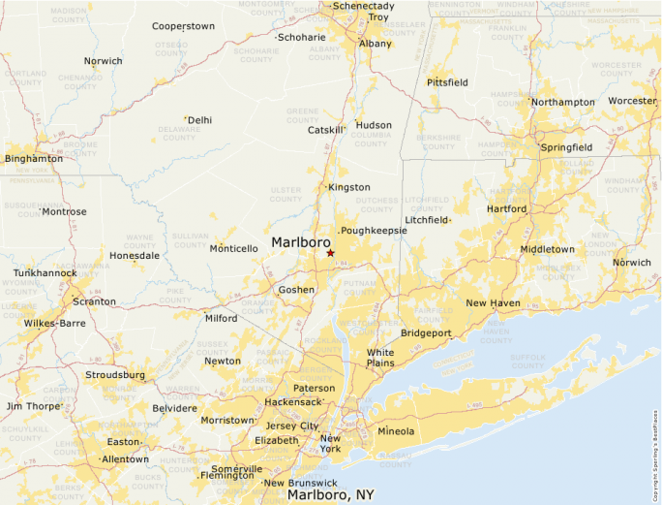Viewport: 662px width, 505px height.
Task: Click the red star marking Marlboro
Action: click(330, 253)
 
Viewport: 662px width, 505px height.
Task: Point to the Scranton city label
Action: click(94, 301)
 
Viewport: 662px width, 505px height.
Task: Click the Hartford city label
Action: click(507, 208)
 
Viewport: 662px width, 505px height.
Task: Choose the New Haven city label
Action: click(493, 303)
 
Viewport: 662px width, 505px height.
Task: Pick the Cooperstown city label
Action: click(183, 26)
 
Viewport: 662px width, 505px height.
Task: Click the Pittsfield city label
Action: click(447, 82)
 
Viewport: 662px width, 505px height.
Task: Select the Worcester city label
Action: click(631, 101)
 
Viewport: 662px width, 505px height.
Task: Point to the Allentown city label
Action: click(125, 458)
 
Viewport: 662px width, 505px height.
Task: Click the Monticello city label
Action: click(233, 249)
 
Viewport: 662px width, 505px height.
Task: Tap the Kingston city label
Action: click(348, 187)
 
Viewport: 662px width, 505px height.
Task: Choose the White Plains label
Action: click(380, 358)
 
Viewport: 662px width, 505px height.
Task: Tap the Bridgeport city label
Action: click(426, 333)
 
